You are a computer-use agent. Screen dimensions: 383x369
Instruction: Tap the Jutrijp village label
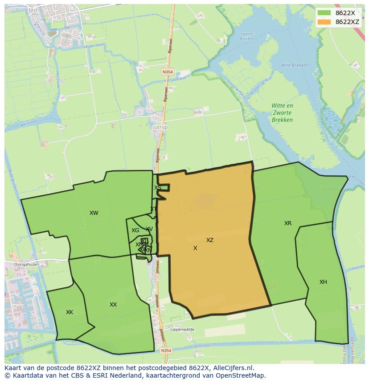[160, 127]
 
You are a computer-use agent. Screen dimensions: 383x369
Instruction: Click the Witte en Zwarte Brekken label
[283, 113]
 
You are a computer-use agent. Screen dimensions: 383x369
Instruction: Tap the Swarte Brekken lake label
[246, 36]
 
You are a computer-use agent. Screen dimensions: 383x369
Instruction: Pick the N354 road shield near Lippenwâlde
[166, 351]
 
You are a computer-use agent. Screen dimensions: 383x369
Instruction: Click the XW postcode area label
[94, 213]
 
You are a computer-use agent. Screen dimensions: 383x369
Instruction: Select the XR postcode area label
[288, 223]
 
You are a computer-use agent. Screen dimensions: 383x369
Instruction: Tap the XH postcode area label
[323, 282]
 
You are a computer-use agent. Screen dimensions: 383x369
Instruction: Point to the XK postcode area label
[70, 312]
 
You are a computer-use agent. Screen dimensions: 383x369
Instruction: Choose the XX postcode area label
[113, 305]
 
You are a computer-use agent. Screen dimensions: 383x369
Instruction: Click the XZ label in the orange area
[210, 240]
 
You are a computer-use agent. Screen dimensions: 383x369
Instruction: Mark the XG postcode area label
[135, 230]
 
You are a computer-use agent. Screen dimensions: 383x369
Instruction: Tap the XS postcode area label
[157, 188]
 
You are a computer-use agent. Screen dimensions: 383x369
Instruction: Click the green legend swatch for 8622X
[324, 13]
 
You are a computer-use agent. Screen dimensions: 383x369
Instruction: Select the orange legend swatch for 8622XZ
[324, 22]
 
